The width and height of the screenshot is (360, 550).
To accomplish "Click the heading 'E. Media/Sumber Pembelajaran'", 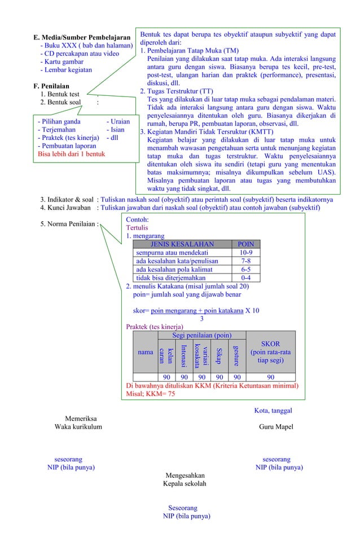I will pos(82,38).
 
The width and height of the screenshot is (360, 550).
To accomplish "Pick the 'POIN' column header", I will pos(246,244).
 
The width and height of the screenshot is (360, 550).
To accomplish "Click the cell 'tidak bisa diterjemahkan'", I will pos(171,278).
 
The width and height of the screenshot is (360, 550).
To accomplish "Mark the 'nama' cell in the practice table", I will pos(146,352).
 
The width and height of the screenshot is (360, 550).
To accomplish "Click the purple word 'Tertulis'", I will pos(138,227).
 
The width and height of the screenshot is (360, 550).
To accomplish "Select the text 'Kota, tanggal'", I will pos(273,411).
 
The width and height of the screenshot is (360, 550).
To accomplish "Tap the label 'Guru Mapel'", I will pos(276,427).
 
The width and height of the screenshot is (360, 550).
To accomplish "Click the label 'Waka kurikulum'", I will pos(78,427).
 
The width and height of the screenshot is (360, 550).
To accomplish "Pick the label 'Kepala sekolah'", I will pos(185,483).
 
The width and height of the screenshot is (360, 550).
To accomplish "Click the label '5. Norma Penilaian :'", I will pos(69,224).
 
